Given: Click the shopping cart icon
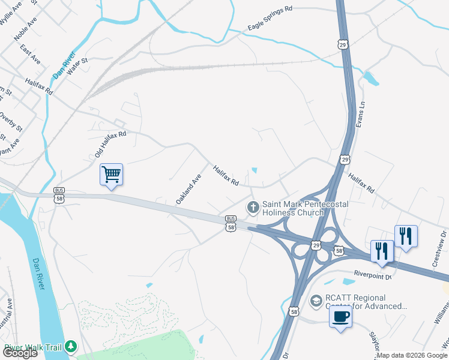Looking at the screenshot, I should click(111, 175).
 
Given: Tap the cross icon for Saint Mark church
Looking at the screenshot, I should click(253, 208).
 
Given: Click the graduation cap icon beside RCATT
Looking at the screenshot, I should click(316, 299).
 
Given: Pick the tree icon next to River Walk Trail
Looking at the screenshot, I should click(71, 347).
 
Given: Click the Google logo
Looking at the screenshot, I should click(20, 352).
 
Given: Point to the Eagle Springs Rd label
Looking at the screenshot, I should click(270, 27).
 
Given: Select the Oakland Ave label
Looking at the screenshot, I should click(188, 190).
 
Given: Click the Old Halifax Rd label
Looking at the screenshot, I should click(110, 145).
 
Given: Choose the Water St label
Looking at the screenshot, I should click(77, 65).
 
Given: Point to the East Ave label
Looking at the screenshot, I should click(30, 55).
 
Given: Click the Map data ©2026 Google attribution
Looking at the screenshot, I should click(412, 355).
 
